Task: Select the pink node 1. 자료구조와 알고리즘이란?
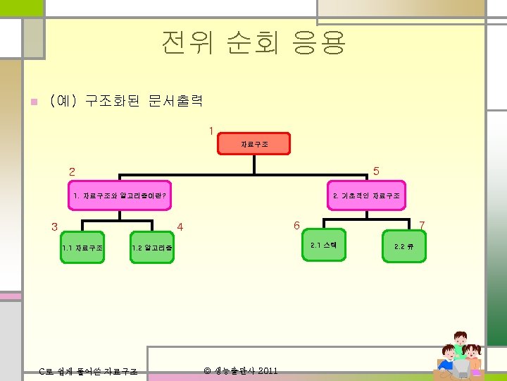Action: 120,195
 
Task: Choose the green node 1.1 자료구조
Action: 82,248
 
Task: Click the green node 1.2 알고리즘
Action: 152,248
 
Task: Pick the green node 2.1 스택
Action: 325,245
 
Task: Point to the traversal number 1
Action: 210,130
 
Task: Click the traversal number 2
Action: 72,171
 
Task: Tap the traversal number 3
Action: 54,227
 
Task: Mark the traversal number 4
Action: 180,227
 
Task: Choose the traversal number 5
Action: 376,171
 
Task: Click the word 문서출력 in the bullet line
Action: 175,101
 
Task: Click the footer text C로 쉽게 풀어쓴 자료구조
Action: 88,372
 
